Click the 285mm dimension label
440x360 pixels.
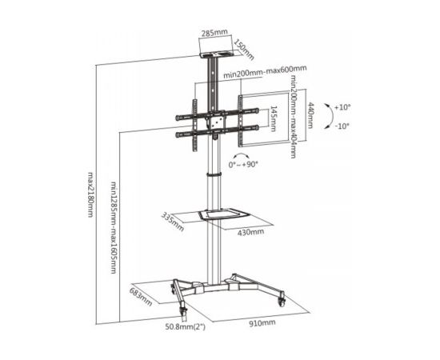pyautogui.click(x=214, y=33)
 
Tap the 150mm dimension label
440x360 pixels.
pyautogui.click(x=244, y=50)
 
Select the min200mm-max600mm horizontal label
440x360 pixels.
pyautogui.click(x=265, y=71)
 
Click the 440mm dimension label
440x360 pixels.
pyautogui.click(x=310, y=115)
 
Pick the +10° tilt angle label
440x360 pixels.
pyautogui.click(x=342, y=107)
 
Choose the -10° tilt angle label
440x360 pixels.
pyautogui.click(x=342, y=126)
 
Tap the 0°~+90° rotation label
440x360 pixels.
pyautogui.click(x=243, y=165)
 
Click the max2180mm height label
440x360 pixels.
pyautogui.click(x=90, y=194)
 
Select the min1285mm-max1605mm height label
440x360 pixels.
pyautogui.click(x=114, y=228)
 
